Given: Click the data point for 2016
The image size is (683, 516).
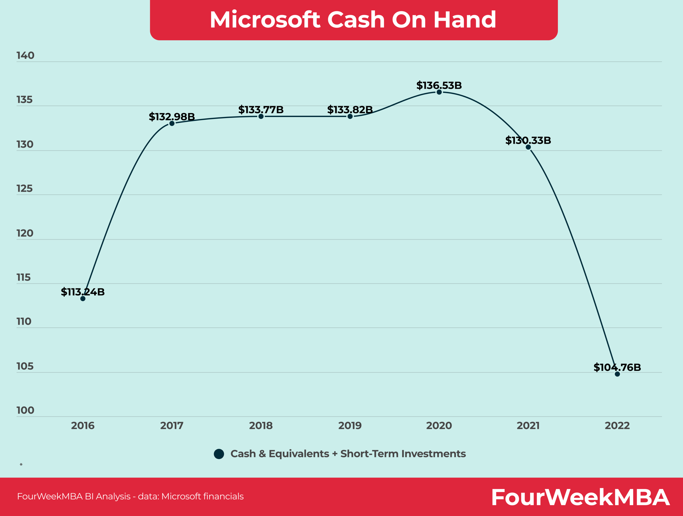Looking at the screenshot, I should click(83, 298).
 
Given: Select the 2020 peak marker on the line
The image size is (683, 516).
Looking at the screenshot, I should click(439, 92).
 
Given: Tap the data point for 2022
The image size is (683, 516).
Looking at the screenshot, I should click(617, 374).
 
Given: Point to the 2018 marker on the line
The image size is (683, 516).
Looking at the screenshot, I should click(261, 116).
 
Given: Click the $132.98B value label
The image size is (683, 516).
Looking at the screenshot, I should click(172, 117).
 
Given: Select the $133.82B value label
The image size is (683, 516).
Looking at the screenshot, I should click(350, 110).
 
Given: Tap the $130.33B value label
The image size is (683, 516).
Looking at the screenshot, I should click(528, 140).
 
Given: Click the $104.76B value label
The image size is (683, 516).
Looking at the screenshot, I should click(617, 367).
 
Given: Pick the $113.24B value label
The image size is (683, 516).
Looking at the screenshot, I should click(83, 292).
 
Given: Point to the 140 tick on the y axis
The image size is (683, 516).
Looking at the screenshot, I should click(25, 56).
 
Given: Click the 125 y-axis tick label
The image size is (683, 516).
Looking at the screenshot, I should click(24, 189).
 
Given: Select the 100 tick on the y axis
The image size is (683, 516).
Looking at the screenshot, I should click(25, 410).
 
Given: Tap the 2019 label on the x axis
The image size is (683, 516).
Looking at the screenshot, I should click(350, 426).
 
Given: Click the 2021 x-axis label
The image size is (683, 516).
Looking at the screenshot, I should click(528, 426).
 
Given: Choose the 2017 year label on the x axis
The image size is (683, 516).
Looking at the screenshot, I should click(172, 426).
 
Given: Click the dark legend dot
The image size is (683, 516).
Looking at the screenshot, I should click(219, 454).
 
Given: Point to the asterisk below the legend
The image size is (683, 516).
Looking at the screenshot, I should click(21, 465).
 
